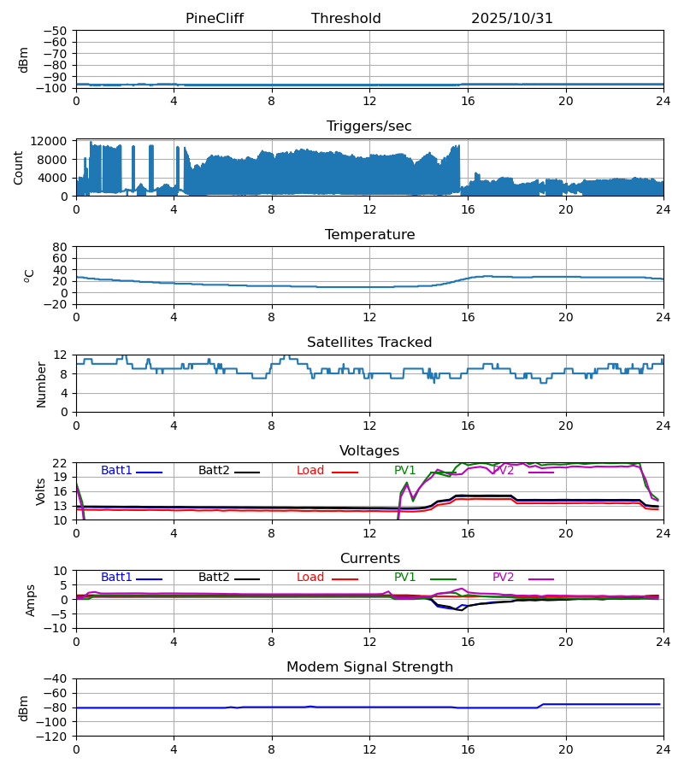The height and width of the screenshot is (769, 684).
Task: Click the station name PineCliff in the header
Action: pyautogui.click(x=216, y=19)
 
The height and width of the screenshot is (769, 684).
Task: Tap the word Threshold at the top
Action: pyautogui.click(x=345, y=19)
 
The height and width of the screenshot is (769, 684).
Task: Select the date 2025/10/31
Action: pyautogui.click(x=511, y=19)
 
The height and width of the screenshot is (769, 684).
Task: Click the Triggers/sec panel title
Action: pyautogui.click(x=369, y=126)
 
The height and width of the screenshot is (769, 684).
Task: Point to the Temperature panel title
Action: pyautogui.click(x=369, y=235)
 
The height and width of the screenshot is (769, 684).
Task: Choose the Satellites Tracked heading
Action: pyautogui.click(x=369, y=343)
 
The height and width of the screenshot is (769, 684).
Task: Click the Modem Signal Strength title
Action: pyautogui.click(x=369, y=667)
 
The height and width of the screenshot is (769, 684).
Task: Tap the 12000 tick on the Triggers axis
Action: pyautogui.click(x=54, y=141)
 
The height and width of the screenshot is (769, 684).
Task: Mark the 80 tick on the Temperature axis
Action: pyautogui.click(x=60, y=247)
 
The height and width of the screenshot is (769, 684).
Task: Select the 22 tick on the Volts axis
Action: pyautogui.click(x=60, y=463)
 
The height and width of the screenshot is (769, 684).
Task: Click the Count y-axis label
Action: pyautogui.click(x=19, y=167)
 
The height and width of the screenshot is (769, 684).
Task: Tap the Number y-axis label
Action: pyautogui.click(x=42, y=384)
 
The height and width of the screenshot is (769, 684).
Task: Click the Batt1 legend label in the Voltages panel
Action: pyautogui.click(x=116, y=471)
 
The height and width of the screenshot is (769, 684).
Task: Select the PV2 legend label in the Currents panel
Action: pyautogui.click(x=503, y=578)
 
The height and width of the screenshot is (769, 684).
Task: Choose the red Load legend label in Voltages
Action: pyautogui.click(x=310, y=471)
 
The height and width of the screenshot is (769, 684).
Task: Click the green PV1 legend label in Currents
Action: pyautogui.click(x=404, y=578)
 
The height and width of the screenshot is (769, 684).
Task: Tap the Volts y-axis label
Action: pyautogui.click(x=42, y=491)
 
